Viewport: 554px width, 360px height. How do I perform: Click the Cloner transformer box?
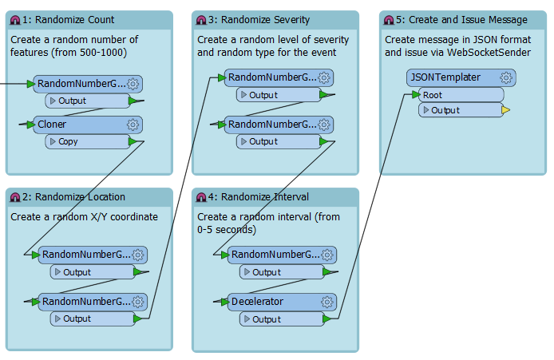[88, 125]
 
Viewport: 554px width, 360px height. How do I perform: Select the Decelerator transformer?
[282, 302]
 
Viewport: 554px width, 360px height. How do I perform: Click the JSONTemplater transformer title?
[445, 77]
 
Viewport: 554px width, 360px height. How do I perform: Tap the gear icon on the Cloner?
[133, 125]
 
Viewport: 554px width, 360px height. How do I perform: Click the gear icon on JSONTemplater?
[506, 77]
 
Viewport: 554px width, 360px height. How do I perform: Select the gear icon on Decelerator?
[326, 302]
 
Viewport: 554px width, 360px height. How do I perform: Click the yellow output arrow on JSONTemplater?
[505, 110]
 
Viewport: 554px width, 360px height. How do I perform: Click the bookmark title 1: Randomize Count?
[68, 20]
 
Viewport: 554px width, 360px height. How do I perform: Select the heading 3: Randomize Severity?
[259, 20]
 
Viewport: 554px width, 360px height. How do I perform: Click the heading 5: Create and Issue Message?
[461, 20]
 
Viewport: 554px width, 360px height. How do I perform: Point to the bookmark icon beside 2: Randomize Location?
[15, 197]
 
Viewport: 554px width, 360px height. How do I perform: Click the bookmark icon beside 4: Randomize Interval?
[201, 197]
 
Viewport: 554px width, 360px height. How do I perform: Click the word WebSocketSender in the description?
[489, 53]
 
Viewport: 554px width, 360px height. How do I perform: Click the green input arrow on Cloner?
[31, 125]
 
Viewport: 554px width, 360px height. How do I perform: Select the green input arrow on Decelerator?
[224, 302]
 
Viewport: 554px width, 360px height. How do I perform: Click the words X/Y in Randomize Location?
[98, 217]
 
